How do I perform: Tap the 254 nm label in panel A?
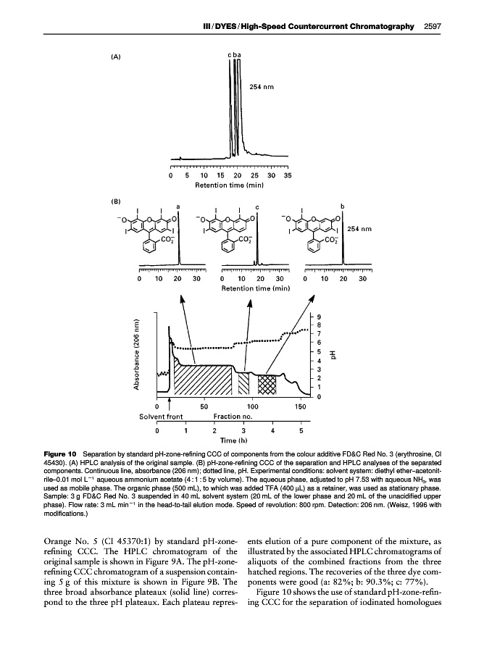(262, 87)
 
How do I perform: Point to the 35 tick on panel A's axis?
(288, 175)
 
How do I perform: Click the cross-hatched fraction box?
(267, 383)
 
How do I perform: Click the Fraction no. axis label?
(233, 417)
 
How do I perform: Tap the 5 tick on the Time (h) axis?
(301, 430)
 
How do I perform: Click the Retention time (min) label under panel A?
(228, 185)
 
